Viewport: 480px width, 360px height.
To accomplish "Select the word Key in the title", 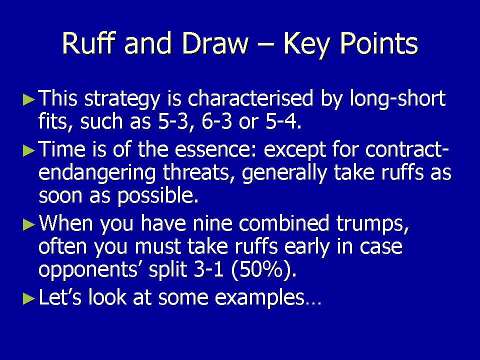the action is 307,45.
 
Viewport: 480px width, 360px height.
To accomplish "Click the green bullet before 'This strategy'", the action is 29,99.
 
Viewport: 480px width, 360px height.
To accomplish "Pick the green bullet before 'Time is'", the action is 29,150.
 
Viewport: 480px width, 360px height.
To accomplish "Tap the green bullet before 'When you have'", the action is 29,224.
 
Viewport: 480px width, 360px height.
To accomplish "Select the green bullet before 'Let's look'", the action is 29,298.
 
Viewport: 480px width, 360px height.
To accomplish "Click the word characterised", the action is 250,98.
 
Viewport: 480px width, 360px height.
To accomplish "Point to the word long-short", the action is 397,99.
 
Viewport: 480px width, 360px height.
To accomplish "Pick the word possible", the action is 158,196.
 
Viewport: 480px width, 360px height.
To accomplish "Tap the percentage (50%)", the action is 264,269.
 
